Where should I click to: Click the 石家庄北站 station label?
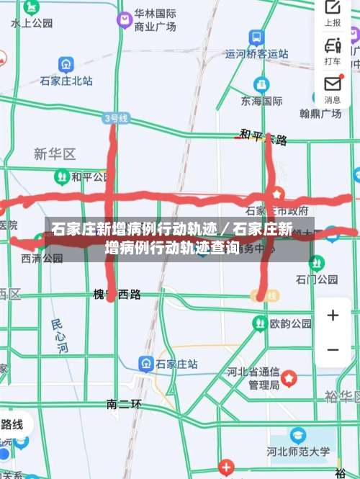[x=66, y=81]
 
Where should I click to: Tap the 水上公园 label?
[x=32, y=23]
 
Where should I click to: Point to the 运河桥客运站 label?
[x=256, y=53]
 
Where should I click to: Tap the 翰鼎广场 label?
[x=320, y=114]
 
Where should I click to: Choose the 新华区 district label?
[x=55, y=154]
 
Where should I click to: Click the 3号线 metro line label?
[x=116, y=117]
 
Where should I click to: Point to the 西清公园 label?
[x=42, y=257]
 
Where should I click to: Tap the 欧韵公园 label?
[x=291, y=324]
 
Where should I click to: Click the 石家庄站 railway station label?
[x=176, y=364]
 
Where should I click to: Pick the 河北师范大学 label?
[x=298, y=452]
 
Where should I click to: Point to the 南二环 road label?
[x=124, y=404]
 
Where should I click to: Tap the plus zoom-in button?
[x=333, y=315]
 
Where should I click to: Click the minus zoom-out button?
[x=333, y=349]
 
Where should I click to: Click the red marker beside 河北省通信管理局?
[x=289, y=378]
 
